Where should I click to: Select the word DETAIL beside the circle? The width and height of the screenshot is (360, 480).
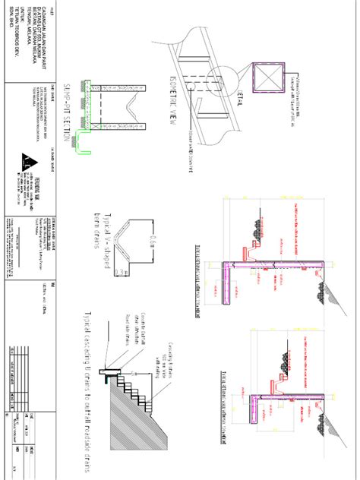click(236, 96)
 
